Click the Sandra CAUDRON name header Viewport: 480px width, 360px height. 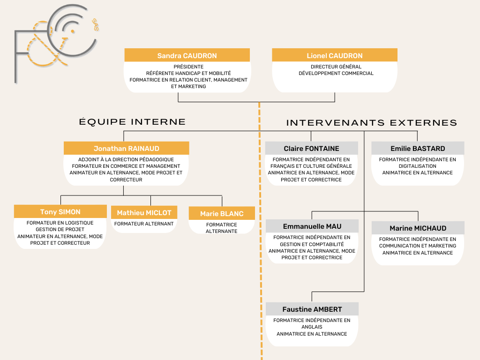point(187,55)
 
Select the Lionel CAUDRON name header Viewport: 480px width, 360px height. point(335,55)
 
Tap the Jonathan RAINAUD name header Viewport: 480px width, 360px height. point(127,148)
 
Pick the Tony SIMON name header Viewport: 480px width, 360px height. point(60,211)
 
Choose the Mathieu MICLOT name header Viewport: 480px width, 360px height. point(144,212)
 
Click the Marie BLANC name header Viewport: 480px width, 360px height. point(222,213)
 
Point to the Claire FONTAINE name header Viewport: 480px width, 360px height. point(311,148)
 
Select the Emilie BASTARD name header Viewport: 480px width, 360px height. point(418,148)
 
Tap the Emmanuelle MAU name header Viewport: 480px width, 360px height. point(312,226)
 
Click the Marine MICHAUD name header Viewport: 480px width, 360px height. point(418,228)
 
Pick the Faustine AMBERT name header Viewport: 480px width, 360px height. point(312,309)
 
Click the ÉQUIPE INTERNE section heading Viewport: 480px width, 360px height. point(132,121)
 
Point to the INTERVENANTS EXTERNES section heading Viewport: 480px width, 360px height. point(372,123)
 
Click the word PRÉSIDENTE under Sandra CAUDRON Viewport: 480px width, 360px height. point(188,67)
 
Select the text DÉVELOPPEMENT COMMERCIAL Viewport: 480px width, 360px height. point(336,74)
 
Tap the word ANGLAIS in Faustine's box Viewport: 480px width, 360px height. point(312,327)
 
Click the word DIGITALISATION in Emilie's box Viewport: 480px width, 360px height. point(418,166)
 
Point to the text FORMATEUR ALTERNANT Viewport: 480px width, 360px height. point(144,224)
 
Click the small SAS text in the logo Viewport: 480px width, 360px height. point(95,25)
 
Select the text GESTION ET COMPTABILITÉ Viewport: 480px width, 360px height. point(312,244)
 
